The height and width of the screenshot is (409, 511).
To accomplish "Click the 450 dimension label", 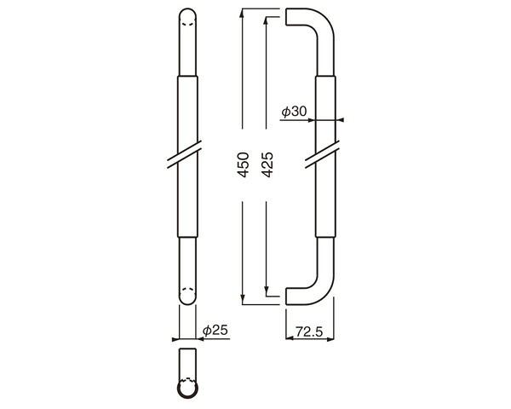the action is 244,164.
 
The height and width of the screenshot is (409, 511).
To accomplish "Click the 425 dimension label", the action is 267,164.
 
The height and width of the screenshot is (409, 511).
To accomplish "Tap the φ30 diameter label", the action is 295,112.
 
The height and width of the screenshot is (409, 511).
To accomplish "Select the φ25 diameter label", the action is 215,331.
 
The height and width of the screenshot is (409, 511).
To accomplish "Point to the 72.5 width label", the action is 309,332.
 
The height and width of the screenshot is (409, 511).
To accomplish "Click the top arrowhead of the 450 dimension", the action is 242,13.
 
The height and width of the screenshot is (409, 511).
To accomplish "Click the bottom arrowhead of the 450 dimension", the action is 242,300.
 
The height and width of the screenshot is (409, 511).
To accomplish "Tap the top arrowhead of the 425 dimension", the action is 267,20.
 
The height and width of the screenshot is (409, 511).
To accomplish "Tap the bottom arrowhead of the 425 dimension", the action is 267,292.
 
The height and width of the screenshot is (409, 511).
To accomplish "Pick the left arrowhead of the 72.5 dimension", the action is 290,339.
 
